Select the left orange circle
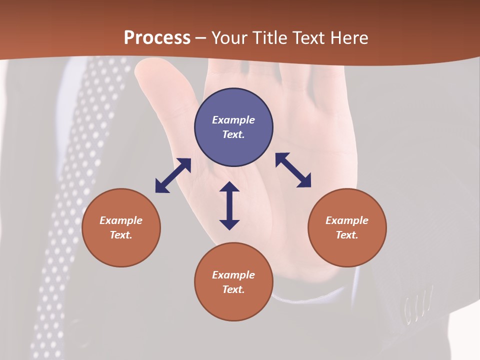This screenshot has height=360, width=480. pos(121,227)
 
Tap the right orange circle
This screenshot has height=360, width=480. pos(347,227)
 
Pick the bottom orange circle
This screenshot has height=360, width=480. pos(233,282)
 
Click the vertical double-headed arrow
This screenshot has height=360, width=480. pos(229,205)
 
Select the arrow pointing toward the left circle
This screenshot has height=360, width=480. pos(173,175)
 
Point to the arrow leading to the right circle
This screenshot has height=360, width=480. pos(293,170)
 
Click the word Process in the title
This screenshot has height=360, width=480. pos(157,38)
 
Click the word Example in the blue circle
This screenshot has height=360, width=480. pos(233,120)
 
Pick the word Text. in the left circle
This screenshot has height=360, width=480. pos(121,235)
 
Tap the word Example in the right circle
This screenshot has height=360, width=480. pos(347,220)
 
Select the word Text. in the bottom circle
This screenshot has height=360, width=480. pos(233,289)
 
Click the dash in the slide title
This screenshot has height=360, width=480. pos(201,38)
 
